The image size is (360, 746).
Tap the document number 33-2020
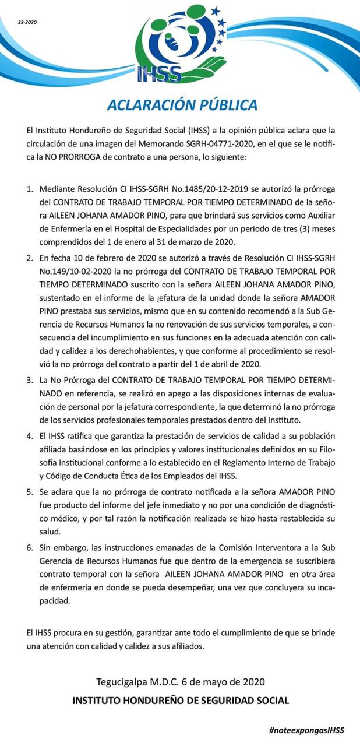point(27,22)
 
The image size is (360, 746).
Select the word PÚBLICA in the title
point(226,105)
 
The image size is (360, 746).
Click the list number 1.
point(29,189)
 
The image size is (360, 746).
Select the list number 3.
point(29,381)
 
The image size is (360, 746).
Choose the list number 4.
point(29,437)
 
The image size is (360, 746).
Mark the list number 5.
point(29,492)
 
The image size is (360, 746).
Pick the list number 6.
point(29,548)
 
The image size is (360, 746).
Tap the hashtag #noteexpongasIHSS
point(306,730)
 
